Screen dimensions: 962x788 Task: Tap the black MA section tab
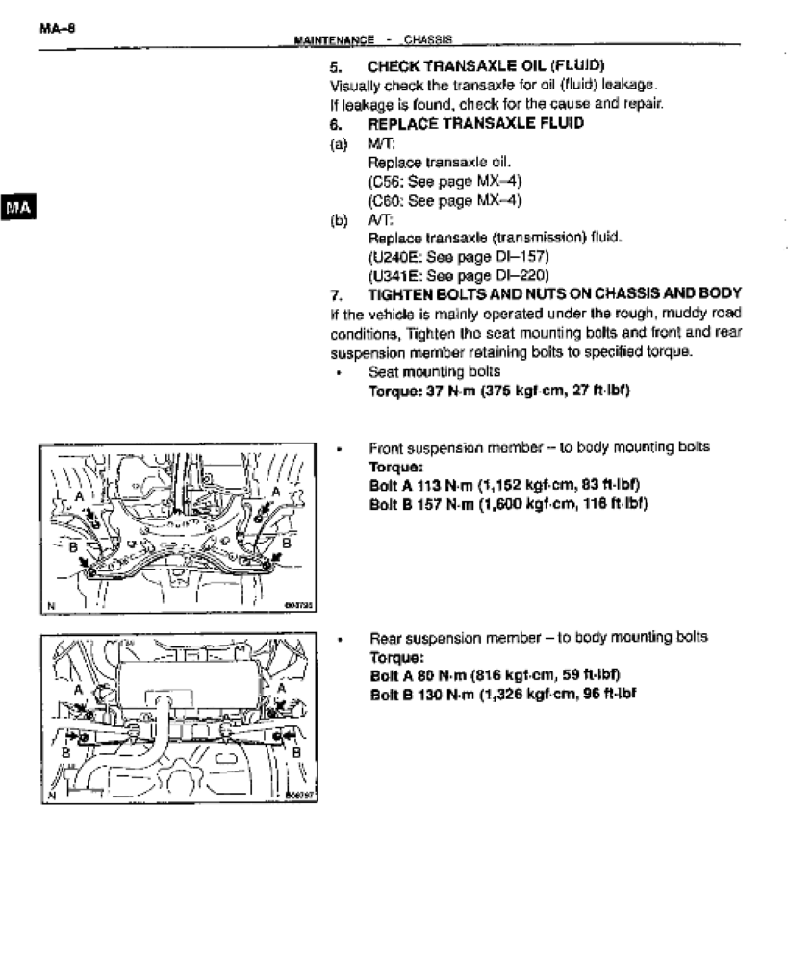19,208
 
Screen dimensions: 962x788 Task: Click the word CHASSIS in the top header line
429,39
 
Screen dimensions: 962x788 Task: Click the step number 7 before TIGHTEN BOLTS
336,292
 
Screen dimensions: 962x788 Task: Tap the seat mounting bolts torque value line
499,390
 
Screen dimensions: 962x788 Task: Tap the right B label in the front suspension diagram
285,543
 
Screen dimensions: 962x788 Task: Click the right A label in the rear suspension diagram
281,689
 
